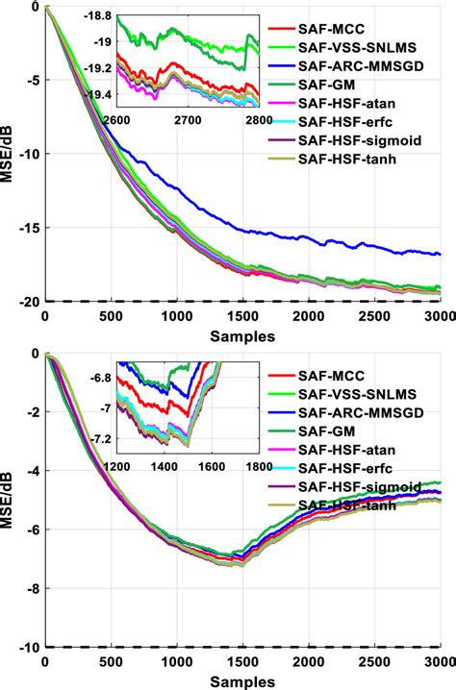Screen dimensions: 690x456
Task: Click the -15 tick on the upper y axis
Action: (26, 228)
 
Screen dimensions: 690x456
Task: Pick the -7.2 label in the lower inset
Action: (97, 438)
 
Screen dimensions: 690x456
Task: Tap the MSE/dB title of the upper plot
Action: (9, 154)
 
